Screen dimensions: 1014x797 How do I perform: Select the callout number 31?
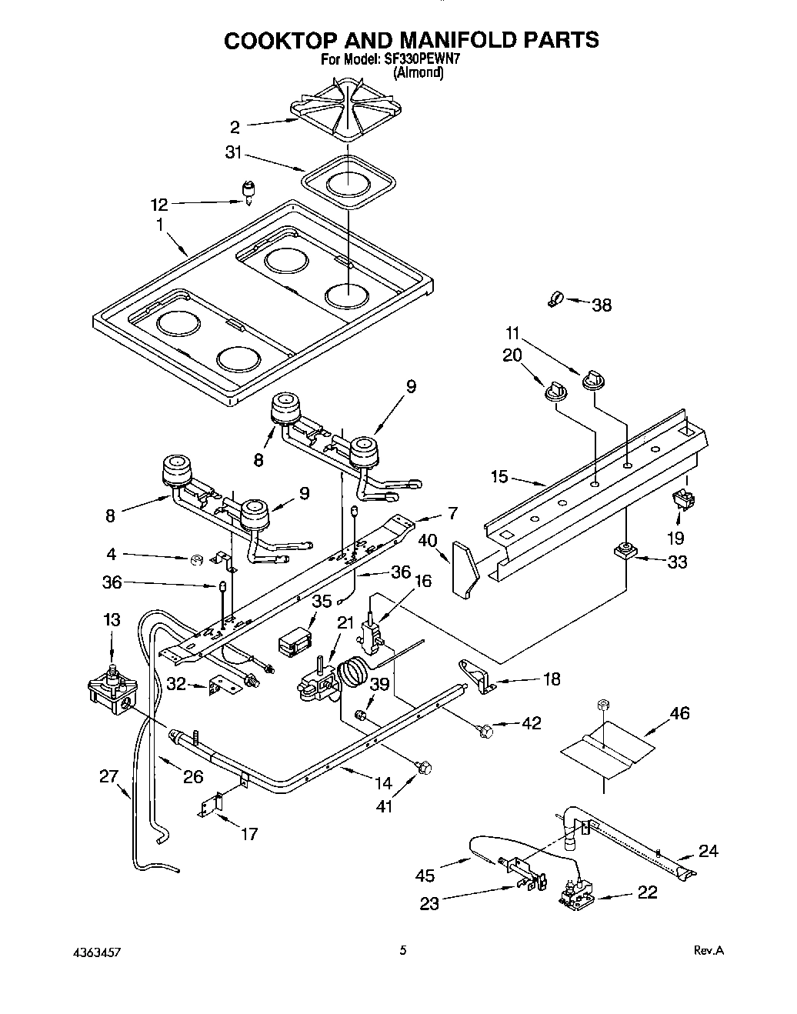(x=233, y=153)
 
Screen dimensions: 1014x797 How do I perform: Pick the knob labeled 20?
(x=554, y=390)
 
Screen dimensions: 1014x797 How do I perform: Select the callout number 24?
(x=709, y=850)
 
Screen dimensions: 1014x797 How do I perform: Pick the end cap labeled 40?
(x=463, y=569)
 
